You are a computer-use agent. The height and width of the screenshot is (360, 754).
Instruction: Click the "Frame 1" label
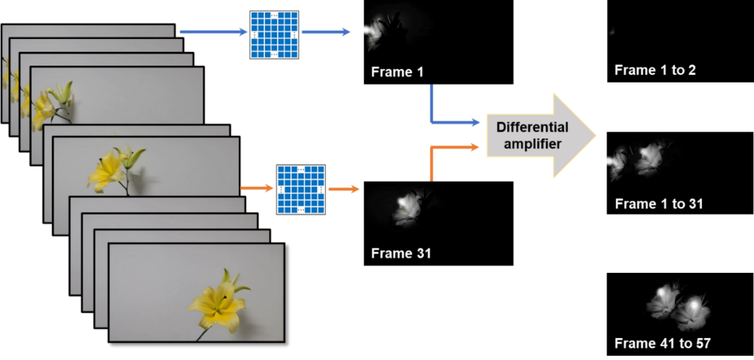397,72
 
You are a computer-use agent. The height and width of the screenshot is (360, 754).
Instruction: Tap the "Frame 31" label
400,253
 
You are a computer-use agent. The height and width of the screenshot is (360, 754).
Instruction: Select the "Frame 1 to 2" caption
655,70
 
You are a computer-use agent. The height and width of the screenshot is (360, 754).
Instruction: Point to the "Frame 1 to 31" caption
659,204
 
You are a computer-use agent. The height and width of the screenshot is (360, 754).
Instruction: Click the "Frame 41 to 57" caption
662,343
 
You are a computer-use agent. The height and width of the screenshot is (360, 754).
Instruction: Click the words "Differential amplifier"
532,135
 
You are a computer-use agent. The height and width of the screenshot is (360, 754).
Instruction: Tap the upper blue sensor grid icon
274,34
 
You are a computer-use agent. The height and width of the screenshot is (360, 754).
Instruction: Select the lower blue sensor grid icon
301,190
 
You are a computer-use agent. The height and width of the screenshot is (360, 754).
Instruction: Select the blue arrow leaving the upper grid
325,32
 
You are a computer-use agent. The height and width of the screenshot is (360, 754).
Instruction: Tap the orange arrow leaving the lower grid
343,190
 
